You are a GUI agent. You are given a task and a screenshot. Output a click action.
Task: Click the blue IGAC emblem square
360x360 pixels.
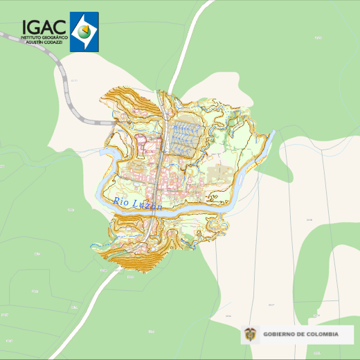pos(84,32)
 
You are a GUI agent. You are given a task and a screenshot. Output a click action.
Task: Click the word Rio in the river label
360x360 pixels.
pos(120,202)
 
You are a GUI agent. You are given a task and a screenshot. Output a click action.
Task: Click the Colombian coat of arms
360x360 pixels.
pos(250,334)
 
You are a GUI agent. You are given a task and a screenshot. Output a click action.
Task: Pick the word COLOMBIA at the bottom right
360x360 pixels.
pos(323,334)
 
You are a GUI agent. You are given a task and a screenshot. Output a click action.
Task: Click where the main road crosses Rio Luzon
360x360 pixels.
pos(157,210)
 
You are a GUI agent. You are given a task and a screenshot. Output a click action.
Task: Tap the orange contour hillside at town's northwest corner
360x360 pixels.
pos(125,104)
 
